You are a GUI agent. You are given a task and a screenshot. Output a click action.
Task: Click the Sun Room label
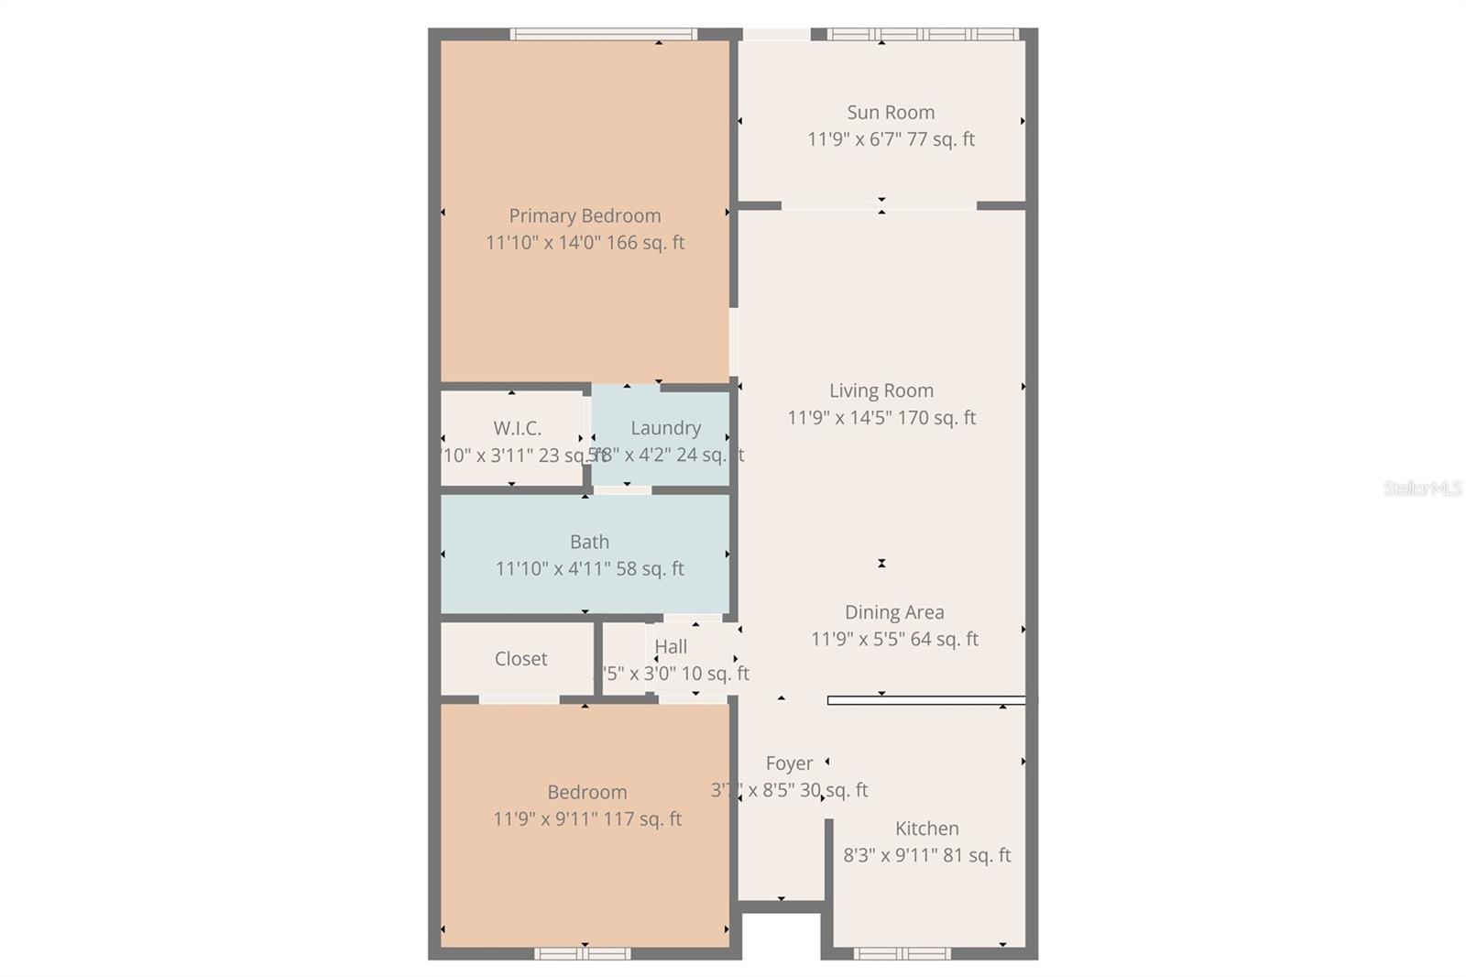pos(891,113)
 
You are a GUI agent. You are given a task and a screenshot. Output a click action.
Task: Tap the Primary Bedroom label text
pos(585,216)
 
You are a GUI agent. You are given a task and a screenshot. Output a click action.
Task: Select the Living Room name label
pos(881,391)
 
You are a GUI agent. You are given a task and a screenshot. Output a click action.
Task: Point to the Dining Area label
pos(894,612)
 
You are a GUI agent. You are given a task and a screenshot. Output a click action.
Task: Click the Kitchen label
pos(927,829)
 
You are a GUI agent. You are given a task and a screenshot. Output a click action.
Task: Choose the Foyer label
pos(789,763)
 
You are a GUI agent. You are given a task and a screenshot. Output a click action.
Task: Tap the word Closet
pos(520,659)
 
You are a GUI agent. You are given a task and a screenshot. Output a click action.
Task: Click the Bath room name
pos(589,543)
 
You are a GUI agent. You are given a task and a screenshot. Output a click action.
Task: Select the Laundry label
pos(665,428)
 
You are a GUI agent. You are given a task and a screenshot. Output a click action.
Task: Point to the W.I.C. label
pos(517,428)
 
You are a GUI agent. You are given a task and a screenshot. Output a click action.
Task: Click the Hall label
pos(671,647)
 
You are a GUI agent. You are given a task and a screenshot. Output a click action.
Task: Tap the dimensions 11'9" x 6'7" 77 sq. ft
pos(891,139)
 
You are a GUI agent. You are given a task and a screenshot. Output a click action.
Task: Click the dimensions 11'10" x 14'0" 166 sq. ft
pos(585,243)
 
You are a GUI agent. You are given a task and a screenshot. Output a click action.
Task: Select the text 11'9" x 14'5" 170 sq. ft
pos(881,418)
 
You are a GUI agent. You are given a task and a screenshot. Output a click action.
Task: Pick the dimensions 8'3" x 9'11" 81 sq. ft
pos(927,855)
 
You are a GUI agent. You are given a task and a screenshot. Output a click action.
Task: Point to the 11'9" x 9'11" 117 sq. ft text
pos(587,819)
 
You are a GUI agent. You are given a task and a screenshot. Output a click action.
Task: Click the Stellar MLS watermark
pos(1422,488)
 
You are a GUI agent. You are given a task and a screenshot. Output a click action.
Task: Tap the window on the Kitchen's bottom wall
pos(902,953)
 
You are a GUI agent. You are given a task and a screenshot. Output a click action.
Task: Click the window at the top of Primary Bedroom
pos(603,35)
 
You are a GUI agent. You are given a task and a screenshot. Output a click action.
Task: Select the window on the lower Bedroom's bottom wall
pos(582,953)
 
